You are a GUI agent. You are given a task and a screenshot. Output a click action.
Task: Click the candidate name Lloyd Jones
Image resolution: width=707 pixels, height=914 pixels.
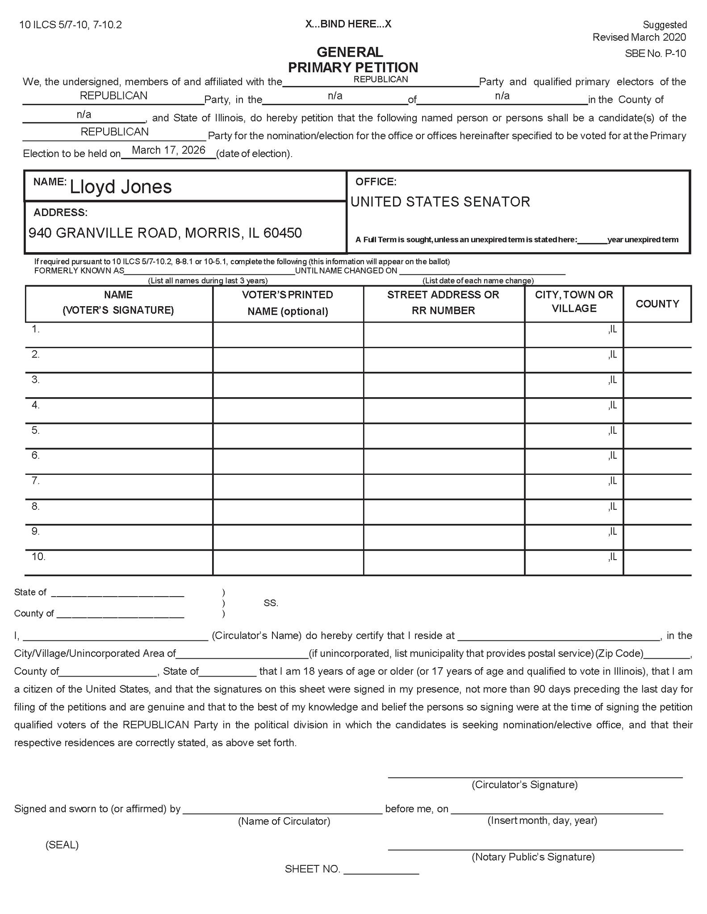[121, 187]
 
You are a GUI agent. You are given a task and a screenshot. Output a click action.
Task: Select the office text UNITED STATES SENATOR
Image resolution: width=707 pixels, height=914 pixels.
[440, 202]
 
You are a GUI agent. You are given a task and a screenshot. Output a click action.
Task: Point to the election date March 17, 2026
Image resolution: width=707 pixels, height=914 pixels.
[168, 150]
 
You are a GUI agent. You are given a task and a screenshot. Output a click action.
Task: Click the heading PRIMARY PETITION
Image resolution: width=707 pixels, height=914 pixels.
[353, 67]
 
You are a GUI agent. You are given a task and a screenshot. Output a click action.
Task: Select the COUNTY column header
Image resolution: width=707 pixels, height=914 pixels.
[657, 304]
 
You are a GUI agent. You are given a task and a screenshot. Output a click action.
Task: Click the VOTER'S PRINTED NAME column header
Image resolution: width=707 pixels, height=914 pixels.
[288, 303]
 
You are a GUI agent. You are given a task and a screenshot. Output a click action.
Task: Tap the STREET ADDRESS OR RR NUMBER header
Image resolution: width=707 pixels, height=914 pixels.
[443, 303]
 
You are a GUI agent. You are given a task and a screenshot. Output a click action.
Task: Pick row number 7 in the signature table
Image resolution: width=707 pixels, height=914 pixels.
[36, 481]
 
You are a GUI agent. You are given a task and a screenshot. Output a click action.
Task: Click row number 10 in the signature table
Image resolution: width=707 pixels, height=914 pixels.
[38, 557]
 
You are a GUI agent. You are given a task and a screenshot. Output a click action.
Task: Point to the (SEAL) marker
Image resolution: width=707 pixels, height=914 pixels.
[62, 845]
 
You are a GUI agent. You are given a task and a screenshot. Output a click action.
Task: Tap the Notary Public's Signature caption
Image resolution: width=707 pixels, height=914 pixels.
[533, 857]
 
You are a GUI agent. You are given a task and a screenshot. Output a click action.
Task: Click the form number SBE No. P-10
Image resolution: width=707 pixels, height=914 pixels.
[655, 54]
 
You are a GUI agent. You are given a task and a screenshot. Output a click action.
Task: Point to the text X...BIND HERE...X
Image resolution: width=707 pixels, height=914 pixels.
[348, 24]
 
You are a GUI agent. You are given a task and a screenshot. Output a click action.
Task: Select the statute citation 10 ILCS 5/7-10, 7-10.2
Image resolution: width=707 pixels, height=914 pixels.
[71, 25]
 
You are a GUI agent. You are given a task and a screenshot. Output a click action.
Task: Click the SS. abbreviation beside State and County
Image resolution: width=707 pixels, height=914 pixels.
[271, 603]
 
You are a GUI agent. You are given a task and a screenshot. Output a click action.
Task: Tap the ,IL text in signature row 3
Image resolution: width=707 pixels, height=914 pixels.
[612, 380]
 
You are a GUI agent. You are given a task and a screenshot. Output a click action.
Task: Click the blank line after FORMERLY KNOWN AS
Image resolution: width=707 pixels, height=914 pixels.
[209, 271]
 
